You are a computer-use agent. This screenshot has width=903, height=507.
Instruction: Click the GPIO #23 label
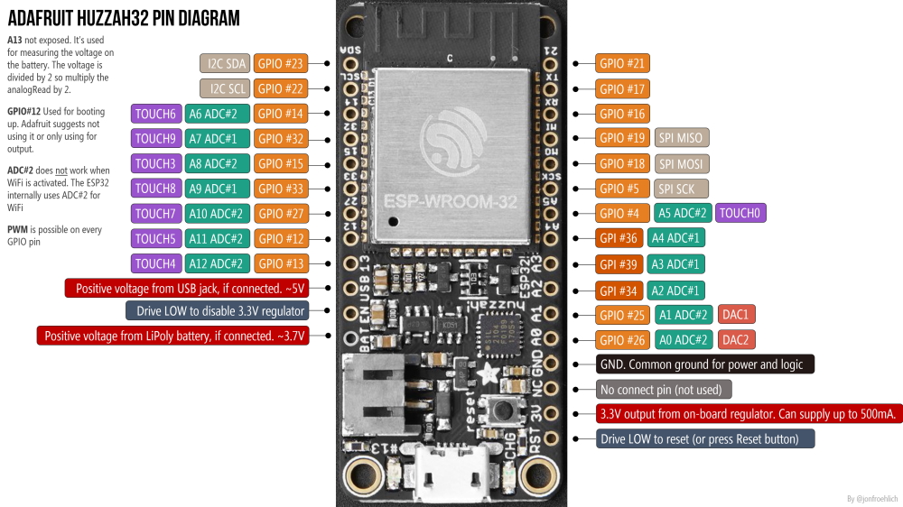click(x=281, y=63)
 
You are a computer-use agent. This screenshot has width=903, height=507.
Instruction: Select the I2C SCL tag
click(x=224, y=88)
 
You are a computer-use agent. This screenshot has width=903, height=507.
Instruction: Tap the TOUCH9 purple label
click(x=155, y=139)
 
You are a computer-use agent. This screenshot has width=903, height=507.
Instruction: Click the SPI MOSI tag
click(x=681, y=163)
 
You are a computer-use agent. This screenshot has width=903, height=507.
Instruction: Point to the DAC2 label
click(x=737, y=340)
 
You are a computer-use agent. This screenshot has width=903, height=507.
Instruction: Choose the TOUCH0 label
click(x=740, y=214)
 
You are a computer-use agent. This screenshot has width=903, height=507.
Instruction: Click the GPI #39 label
click(x=619, y=264)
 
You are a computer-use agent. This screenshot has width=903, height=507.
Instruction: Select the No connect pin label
click(x=664, y=390)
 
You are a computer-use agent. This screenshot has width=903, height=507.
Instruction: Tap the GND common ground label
click(x=705, y=364)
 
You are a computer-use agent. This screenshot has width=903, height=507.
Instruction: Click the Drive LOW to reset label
click(x=705, y=439)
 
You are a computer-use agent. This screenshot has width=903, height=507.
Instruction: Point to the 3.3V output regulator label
click(x=749, y=414)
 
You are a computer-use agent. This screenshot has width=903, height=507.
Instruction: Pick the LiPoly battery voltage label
click(x=172, y=336)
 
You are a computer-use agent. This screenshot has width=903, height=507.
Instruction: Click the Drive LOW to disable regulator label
click(x=217, y=310)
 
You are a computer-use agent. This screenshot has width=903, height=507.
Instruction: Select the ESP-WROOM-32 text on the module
click(x=451, y=200)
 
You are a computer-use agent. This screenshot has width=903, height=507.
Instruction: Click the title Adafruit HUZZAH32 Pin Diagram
click(x=124, y=18)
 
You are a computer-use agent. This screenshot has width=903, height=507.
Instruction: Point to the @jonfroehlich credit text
click(x=872, y=498)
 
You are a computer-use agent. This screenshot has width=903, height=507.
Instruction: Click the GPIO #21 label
click(x=623, y=63)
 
